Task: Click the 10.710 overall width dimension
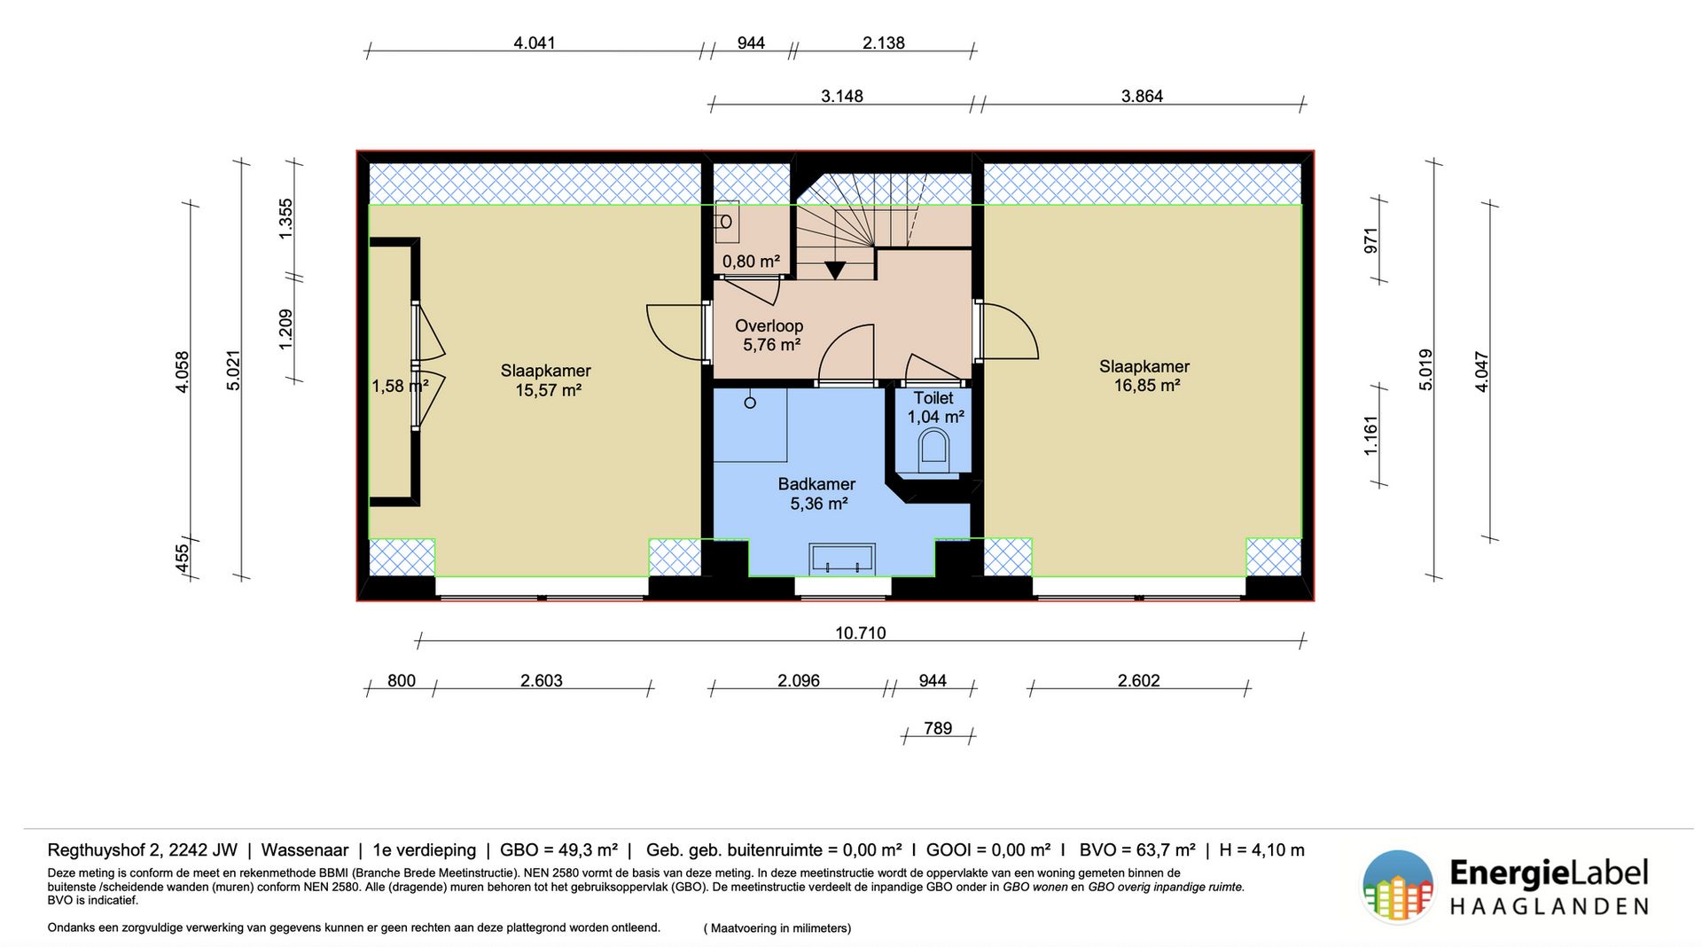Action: click(x=860, y=633)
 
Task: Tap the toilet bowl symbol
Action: click(x=933, y=448)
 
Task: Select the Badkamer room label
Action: click(x=816, y=484)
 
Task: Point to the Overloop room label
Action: click(x=769, y=326)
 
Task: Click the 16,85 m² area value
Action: click(x=1146, y=386)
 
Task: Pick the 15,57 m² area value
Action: click(x=548, y=390)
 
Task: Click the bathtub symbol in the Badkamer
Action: click(x=842, y=558)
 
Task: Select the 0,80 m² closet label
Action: click(x=751, y=262)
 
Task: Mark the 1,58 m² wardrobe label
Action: click(x=400, y=386)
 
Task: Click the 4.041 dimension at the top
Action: click(x=535, y=43)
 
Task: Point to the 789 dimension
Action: click(x=938, y=729)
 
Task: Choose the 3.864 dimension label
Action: click(x=1142, y=96)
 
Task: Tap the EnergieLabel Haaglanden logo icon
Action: click(x=1397, y=886)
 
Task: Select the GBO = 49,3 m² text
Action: click(x=558, y=850)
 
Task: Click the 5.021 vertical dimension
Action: click(x=234, y=370)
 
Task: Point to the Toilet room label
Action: click(x=933, y=399)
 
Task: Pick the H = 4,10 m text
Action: click(x=1261, y=850)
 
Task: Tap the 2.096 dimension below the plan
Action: click(x=799, y=681)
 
